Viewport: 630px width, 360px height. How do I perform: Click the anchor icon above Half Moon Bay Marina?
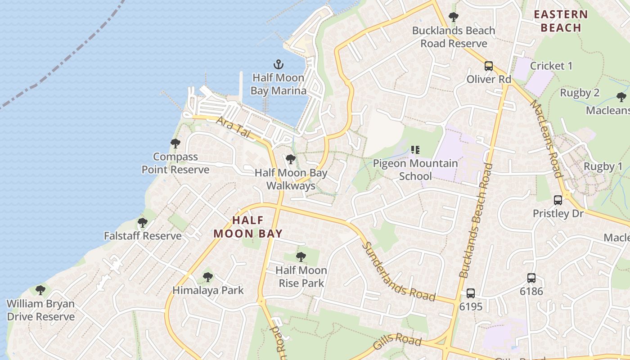coord(279,64)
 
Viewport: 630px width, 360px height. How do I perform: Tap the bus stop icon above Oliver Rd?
coord(489,66)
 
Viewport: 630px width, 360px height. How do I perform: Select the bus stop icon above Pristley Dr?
coord(558,200)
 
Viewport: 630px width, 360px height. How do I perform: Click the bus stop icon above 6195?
coord(471,293)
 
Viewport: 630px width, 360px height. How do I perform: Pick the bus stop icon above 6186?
coord(531,278)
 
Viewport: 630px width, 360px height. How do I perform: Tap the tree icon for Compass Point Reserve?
coord(175,144)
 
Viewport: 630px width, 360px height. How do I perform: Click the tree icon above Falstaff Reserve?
coord(143,223)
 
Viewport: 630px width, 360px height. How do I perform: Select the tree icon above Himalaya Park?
coord(208,277)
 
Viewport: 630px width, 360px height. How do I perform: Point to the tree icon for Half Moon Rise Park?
coord(301,257)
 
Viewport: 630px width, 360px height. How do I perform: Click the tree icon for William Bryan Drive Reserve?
coord(40,290)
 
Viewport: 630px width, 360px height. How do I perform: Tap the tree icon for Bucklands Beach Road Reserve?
coord(454,18)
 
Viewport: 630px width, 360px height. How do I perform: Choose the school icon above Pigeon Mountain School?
coord(415,150)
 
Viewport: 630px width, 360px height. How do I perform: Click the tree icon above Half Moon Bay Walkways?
coord(291,159)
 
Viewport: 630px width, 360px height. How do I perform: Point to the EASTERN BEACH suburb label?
coord(561,21)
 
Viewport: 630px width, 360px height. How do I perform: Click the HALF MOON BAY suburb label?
coord(248,227)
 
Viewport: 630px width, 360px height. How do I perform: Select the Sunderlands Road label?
coord(399,272)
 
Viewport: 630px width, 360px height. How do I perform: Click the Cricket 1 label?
coord(551,66)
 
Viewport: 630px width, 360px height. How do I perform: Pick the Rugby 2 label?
coord(580,93)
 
